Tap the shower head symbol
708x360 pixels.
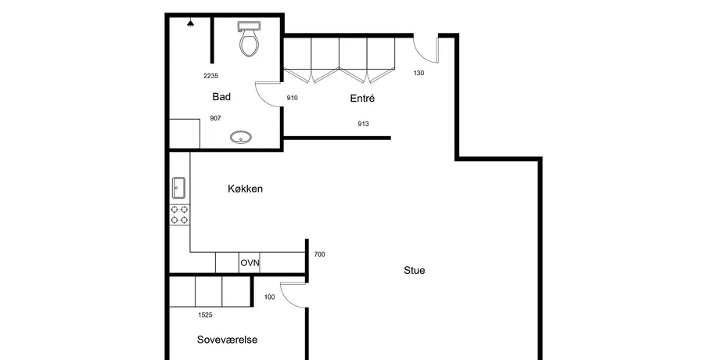[x=191, y=23]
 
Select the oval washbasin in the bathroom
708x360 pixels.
[x=241, y=137]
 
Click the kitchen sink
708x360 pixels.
[x=178, y=188]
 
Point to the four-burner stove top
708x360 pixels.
[x=179, y=215]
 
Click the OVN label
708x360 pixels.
[x=250, y=263]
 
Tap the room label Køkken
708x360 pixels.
[x=245, y=189]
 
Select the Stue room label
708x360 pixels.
[x=414, y=271]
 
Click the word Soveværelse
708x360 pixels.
[x=227, y=340]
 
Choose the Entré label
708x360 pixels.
[x=362, y=98]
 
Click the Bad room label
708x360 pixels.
[x=221, y=97]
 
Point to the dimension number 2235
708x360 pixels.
[x=211, y=76]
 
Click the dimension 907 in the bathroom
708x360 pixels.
[x=215, y=118]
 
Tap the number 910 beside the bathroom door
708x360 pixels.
[x=292, y=98]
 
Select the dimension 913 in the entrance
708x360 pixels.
[x=363, y=124]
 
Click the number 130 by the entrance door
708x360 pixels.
[x=419, y=73]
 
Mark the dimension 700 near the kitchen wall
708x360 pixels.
[x=319, y=254]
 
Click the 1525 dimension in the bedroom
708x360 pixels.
[x=205, y=315]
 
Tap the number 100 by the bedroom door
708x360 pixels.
[x=269, y=297]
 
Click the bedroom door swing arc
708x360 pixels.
[x=286, y=299]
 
